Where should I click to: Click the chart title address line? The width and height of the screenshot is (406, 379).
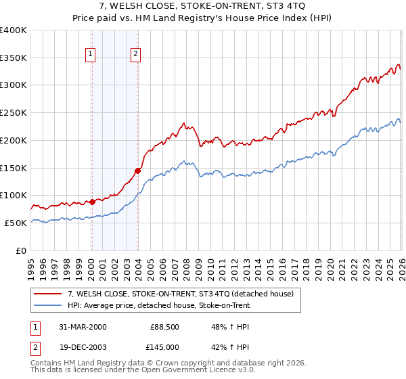coord(203,5)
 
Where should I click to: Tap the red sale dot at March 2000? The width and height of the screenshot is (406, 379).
coord(92,202)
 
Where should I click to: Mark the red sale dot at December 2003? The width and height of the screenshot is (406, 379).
coord(137,171)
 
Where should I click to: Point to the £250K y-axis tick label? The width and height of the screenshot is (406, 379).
coord(14,113)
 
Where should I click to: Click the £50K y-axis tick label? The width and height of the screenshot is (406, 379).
coord(16,223)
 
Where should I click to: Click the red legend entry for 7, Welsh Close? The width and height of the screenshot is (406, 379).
coord(180,294)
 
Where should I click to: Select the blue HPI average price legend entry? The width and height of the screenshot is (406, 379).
coord(159,305)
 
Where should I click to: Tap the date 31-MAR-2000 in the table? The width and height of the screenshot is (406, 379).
coord(83,327)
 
